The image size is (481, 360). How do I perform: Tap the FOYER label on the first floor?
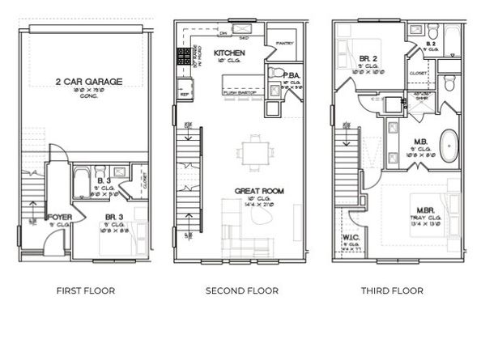tap(59, 218)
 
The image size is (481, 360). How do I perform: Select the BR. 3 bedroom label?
tap(114, 218)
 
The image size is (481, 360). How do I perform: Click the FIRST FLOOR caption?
tap(85, 290)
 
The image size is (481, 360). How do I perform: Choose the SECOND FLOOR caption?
tap(242, 290)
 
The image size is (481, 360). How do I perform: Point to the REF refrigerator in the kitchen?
tap(184, 94)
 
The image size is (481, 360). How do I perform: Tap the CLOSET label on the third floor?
tap(419, 72)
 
